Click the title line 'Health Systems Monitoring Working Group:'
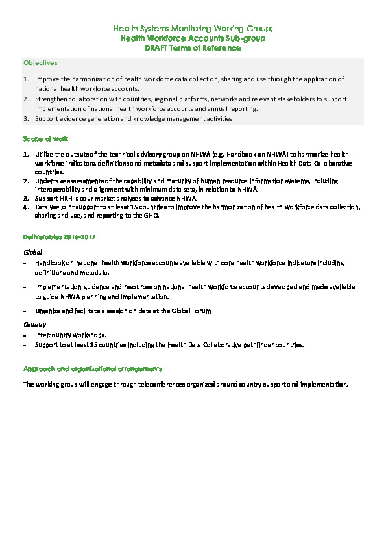pos(193,29)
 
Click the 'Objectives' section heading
pos(40,63)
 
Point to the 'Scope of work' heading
pos(45,139)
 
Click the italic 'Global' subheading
pos(33,251)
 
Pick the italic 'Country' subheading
pos(34,323)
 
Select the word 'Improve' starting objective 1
pos(47,79)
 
